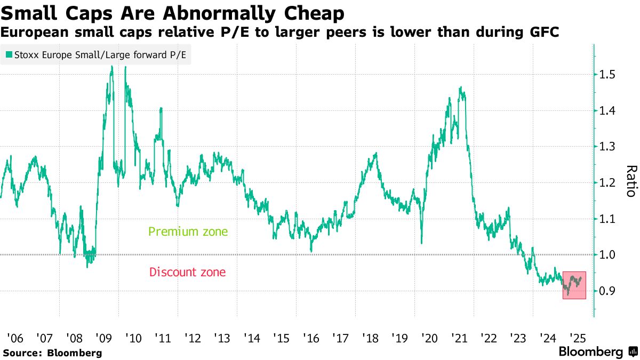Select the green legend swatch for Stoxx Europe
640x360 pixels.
(9, 54)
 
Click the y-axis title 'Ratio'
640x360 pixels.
(630, 181)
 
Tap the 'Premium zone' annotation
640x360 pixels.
(188, 232)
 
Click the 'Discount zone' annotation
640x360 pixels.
(187, 272)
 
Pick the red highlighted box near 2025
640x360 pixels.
(574, 285)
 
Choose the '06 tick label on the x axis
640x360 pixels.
(14, 338)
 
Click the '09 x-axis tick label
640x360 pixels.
(103, 338)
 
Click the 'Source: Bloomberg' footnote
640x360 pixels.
(52, 353)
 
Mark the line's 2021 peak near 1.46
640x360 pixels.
(460, 88)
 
